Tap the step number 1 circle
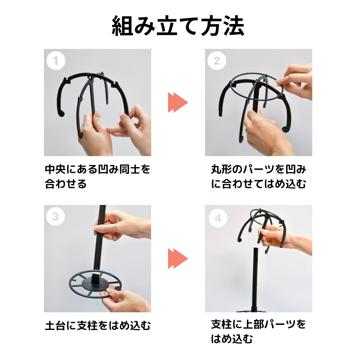pos(56,61)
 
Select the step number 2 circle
pos(217,61)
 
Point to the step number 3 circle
pos(56,217)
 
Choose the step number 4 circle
pos(218,218)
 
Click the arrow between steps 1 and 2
pos(178,102)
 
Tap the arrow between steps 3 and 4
pos(178,259)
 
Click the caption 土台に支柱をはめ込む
pos(98,326)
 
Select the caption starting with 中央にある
pos(98,176)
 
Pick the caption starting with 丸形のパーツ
pos(259,176)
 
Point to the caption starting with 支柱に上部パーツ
pos(258,331)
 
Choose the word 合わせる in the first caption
pos(66,184)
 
